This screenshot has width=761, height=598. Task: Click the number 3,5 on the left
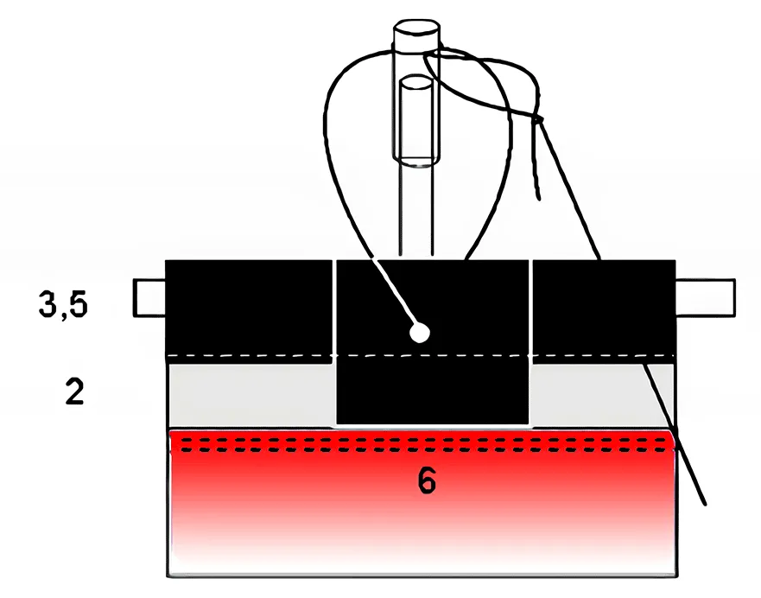63,305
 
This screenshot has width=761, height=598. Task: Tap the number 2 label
75,391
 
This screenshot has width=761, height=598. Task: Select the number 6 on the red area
427,481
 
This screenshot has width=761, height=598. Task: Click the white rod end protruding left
149,298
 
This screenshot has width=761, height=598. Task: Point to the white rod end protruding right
705,298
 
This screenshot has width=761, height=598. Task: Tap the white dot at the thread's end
419,333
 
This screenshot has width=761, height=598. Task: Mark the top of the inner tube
415,83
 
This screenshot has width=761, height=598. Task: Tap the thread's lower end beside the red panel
703,503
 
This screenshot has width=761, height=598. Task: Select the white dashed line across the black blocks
421,356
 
